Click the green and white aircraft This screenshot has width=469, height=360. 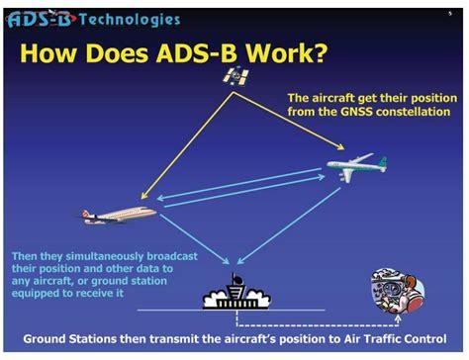pos(357,165)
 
